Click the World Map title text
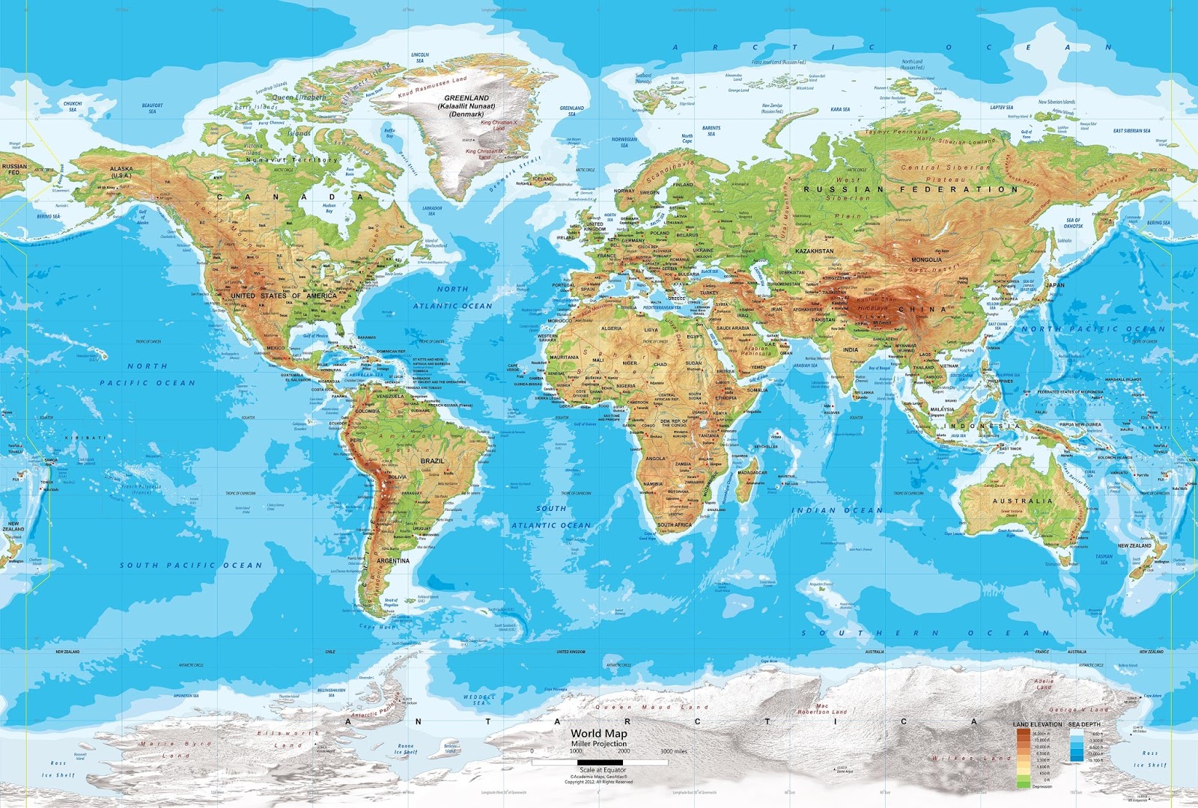(599, 734)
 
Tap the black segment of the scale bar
(600, 762)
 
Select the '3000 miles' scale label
(674, 751)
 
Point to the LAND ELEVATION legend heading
(1037, 724)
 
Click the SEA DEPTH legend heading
(1084, 724)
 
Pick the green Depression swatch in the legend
(1023, 783)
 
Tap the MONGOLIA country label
(926, 260)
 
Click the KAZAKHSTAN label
(814, 251)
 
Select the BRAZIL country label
(432, 461)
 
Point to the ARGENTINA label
(393, 560)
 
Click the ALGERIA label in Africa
(612, 328)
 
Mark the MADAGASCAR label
(752, 473)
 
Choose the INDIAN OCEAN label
(837, 510)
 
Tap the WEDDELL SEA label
(479, 700)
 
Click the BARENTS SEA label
(711, 131)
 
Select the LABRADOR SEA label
(432, 210)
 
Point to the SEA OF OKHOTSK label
(1073, 222)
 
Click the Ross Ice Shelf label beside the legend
(1150, 759)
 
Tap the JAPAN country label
(1055, 285)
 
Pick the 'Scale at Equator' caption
(603, 770)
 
